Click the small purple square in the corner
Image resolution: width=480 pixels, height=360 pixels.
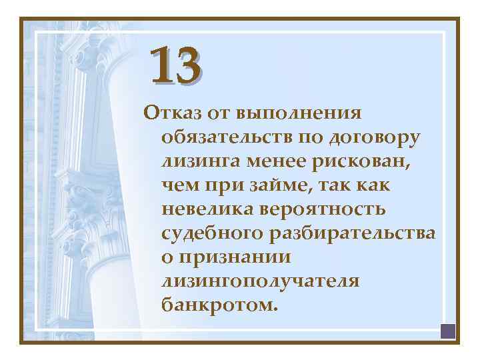click(447, 330)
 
